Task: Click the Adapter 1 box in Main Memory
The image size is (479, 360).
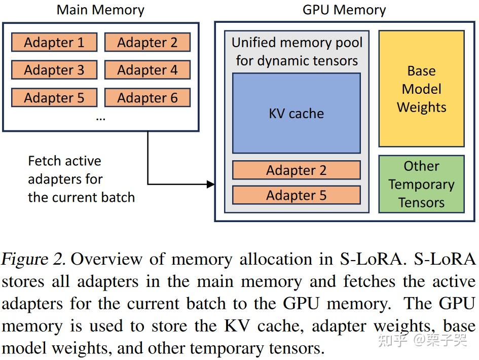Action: tap(54, 43)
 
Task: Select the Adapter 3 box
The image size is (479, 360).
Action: tap(54, 70)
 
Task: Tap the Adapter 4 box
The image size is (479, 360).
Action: tap(148, 70)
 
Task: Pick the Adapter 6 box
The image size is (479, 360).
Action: tap(148, 98)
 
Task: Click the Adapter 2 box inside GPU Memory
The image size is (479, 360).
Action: tap(296, 170)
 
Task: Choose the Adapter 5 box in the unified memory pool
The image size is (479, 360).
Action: tap(296, 195)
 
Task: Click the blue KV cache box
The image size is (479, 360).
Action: tap(296, 113)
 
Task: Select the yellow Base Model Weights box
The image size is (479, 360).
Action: tap(421, 89)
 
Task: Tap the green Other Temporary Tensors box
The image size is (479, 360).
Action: tap(421, 184)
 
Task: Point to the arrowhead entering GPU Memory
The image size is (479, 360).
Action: tap(211, 184)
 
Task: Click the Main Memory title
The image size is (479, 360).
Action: tap(100, 10)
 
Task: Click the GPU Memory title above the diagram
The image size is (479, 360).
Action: tap(344, 10)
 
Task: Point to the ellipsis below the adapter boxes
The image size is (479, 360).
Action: tap(100, 118)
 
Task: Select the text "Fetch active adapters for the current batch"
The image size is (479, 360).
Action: tap(81, 179)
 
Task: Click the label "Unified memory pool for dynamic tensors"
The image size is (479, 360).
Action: tap(297, 52)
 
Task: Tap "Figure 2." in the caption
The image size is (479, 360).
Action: tap(33, 260)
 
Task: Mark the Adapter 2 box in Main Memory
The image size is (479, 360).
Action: tap(148, 43)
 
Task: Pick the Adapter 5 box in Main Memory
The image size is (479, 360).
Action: tap(54, 98)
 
